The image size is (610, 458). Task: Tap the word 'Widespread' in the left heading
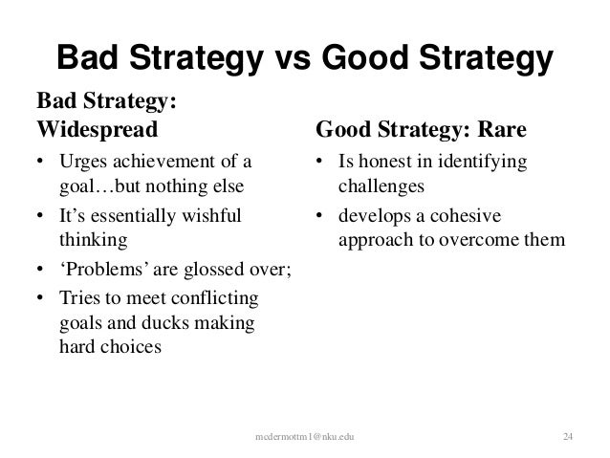94,126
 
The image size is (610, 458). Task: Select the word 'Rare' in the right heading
500,126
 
